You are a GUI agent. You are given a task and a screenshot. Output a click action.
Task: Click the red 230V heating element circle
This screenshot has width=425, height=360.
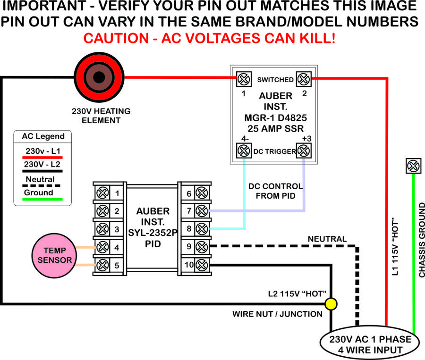click(99, 78)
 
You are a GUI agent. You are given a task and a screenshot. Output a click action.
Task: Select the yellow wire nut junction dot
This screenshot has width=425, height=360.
click(331, 304)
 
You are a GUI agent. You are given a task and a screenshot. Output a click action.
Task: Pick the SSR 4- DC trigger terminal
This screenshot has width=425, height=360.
click(243, 151)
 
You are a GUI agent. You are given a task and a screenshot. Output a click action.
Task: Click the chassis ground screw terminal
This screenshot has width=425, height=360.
click(413, 166)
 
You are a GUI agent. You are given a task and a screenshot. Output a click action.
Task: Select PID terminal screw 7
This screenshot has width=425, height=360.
click(202, 210)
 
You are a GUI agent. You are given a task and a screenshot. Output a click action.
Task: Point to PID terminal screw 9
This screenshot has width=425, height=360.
click(202, 247)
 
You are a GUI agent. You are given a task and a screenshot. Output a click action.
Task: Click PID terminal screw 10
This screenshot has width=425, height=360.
click(202, 265)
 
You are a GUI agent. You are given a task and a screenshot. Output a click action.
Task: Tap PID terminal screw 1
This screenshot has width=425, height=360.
click(102, 193)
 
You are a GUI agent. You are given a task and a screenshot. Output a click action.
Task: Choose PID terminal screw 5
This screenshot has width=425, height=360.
click(102, 265)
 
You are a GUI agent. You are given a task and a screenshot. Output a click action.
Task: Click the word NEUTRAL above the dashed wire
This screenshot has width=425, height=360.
click(327, 239)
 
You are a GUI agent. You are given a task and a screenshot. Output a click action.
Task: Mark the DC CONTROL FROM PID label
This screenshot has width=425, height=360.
click(275, 190)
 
